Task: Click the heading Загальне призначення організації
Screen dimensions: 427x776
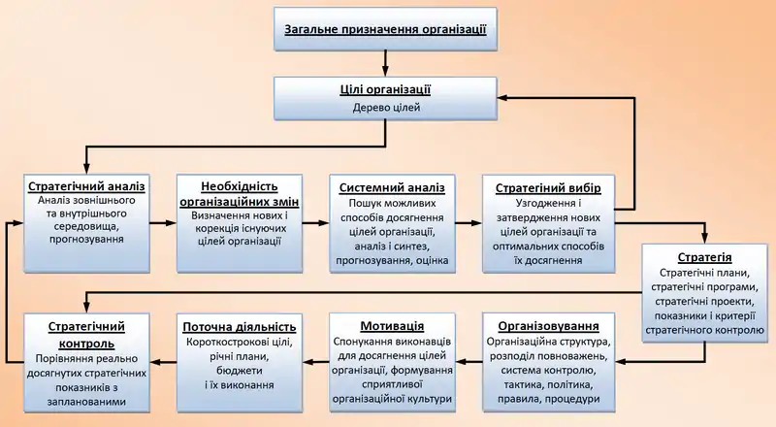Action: pos(385,29)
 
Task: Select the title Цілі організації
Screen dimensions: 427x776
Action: pos(385,89)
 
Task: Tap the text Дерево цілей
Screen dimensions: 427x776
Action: pos(385,108)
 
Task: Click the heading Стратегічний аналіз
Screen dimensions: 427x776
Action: pos(86,185)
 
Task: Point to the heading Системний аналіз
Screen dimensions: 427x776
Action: pos(392,186)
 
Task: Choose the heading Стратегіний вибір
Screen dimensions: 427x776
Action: pos(549,186)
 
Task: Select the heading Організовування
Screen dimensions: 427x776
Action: pos(548,325)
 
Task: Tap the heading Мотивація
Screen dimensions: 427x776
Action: pos(392,325)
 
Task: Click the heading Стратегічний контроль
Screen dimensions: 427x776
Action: pos(86,334)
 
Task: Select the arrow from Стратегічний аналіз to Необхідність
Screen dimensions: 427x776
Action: pos(164,223)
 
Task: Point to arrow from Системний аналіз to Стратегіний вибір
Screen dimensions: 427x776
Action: pos(469,223)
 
